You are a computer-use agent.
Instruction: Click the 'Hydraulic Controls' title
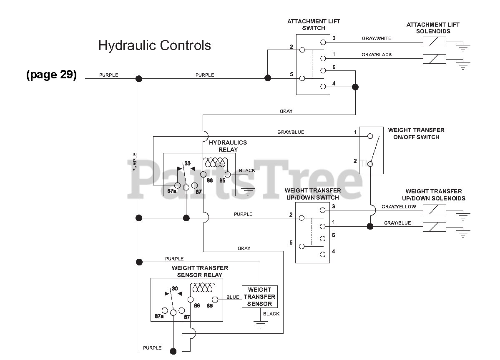click(x=155, y=45)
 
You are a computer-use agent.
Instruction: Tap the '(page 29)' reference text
click(x=51, y=75)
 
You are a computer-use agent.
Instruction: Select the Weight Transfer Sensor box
click(x=259, y=297)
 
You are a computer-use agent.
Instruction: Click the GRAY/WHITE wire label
click(x=376, y=39)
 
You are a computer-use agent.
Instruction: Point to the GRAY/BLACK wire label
click(x=377, y=55)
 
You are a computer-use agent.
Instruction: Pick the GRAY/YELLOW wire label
click(x=399, y=207)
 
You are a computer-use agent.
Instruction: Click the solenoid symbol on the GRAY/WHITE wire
click(x=434, y=42)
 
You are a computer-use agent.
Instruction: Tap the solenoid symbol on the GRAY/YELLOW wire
click(x=434, y=209)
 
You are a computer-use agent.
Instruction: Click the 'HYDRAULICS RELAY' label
click(x=228, y=146)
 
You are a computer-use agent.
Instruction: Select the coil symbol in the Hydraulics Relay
click(x=215, y=163)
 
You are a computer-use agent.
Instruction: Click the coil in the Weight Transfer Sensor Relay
click(x=203, y=288)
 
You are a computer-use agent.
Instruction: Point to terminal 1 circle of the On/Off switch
click(x=370, y=136)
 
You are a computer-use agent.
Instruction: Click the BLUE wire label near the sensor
click(x=232, y=297)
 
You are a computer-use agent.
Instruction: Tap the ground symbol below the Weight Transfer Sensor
click(x=261, y=325)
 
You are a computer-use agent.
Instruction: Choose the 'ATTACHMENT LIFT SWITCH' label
click(x=314, y=25)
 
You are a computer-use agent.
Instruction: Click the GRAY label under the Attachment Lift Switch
click(x=286, y=111)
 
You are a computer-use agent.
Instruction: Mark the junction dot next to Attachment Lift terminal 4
click(x=355, y=87)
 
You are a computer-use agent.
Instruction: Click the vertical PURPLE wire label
click(x=135, y=162)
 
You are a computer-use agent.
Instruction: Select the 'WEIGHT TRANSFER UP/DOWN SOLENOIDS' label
click(x=433, y=195)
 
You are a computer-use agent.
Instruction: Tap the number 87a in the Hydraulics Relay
click(x=171, y=191)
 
